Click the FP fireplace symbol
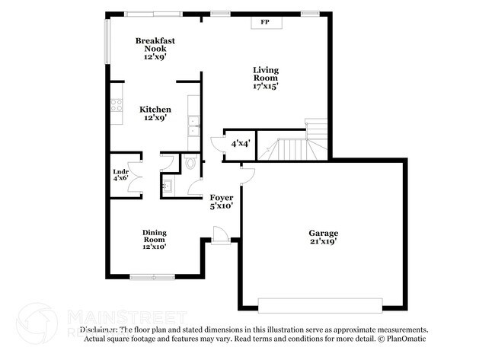[265, 23]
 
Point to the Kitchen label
[155, 110]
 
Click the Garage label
[323, 233]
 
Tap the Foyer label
[222, 198]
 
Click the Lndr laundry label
[120, 172]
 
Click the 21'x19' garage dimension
[323, 241]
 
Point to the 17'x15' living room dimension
[266, 86]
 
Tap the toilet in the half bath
[190, 162]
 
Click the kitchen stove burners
[117, 104]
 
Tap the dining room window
[152, 277]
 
